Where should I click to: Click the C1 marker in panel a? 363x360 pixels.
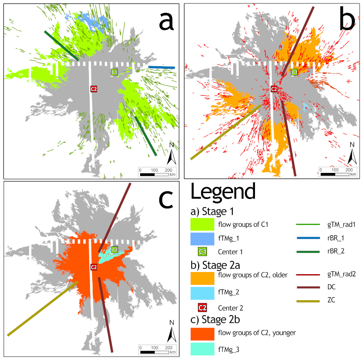click(114, 72)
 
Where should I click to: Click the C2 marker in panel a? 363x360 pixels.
click(94, 89)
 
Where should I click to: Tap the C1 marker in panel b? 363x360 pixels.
click(294, 72)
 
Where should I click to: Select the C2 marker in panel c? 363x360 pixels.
click(94, 267)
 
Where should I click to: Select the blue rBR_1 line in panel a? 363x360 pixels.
click(162, 67)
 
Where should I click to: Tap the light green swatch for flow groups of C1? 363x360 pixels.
click(202, 224)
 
